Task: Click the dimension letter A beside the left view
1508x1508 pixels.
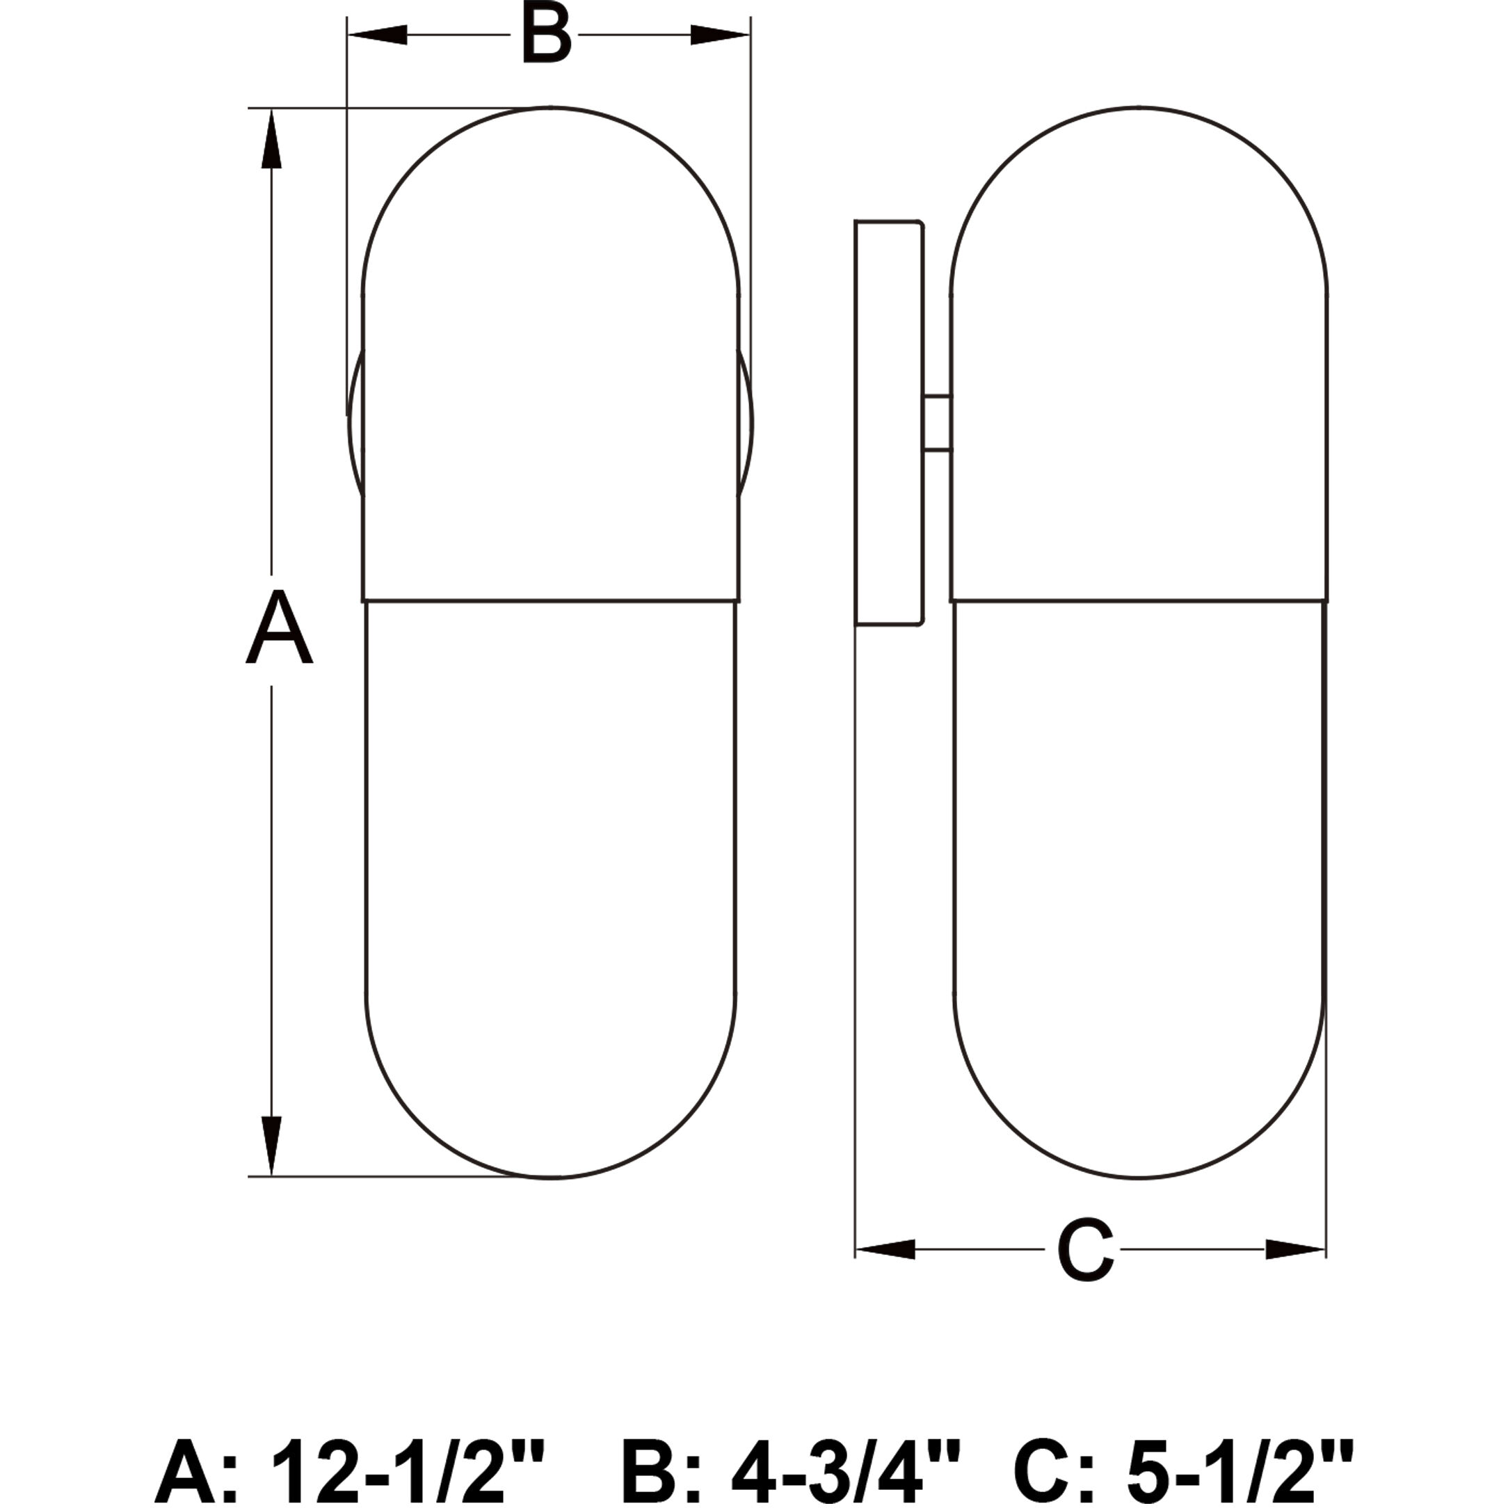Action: (x=279, y=628)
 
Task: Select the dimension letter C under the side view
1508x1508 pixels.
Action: (x=1085, y=1249)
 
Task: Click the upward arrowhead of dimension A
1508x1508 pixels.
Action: (x=271, y=138)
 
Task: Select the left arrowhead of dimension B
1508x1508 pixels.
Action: (x=378, y=35)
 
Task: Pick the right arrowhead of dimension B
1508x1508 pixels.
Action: (x=720, y=35)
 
